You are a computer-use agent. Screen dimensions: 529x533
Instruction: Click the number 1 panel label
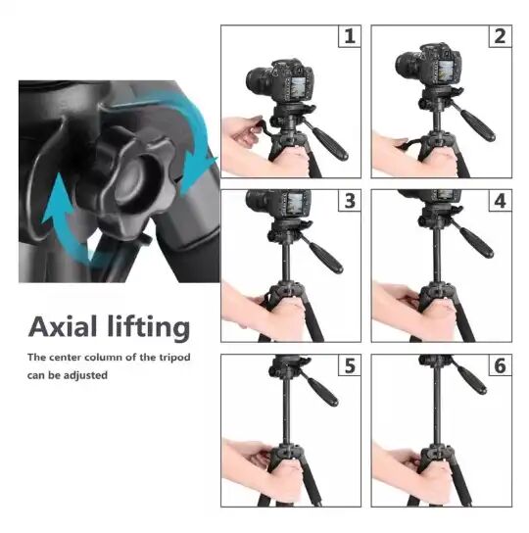350,36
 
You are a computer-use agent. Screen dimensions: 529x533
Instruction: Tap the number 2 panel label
501,36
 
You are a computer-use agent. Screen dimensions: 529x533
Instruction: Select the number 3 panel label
350,201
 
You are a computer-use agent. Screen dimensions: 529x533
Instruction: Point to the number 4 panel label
501,201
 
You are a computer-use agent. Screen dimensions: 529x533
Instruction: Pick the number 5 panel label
350,365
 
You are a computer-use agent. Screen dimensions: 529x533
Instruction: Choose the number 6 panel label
501,365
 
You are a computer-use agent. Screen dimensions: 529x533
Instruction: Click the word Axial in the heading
63,326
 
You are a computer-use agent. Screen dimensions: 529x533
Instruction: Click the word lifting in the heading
149,328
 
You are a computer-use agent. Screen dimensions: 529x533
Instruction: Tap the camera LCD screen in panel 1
299,89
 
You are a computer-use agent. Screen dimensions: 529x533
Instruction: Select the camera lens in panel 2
407,66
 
